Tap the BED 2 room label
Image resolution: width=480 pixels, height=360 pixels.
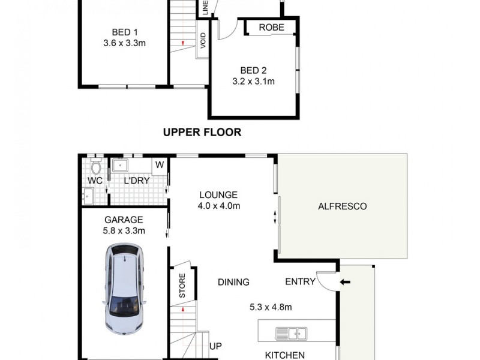click(253, 70)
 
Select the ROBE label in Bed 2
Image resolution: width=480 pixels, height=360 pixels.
click(271, 28)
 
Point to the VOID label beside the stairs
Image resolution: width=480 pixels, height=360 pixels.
click(203, 41)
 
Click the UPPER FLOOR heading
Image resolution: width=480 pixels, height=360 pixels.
click(202, 132)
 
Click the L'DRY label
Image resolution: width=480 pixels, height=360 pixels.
click(136, 181)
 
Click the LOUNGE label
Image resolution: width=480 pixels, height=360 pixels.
click(219, 195)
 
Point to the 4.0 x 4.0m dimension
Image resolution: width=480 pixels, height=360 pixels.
click(219, 206)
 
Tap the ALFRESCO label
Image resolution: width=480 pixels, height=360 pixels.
click(341, 206)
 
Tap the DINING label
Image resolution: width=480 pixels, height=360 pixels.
click(233, 282)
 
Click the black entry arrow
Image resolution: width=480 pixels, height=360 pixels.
click(344, 281)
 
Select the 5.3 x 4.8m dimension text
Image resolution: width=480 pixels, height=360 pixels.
click(271, 308)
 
